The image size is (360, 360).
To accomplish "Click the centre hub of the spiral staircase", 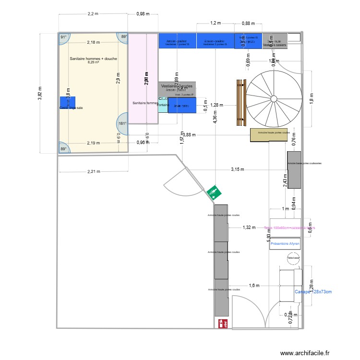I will [273, 99].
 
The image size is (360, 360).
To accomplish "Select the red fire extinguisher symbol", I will [223, 324].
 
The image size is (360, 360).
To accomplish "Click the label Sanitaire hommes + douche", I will [93, 59].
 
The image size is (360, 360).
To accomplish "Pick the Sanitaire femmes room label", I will [145, 103].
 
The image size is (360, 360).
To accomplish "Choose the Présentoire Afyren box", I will [285, 244].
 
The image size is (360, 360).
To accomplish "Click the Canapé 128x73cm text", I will [313, 291].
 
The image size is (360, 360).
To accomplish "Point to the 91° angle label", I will [63, 37].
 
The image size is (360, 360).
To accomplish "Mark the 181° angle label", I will [122, 123].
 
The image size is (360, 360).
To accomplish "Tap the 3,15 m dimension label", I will [238, 169].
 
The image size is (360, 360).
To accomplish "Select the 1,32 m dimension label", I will [249, 228].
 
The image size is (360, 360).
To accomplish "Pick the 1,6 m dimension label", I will [254, 286].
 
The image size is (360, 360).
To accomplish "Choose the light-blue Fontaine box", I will [163, 106].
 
